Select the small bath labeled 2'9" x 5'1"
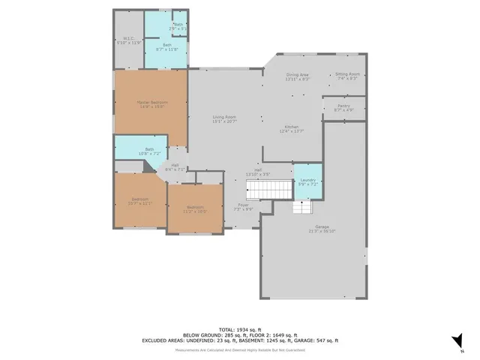(178, 27)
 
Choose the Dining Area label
(298, 76)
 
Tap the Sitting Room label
(347, 75)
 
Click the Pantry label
(343, 108)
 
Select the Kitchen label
(291, 128)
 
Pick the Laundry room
(307, 181)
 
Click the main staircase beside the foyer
(269, 190)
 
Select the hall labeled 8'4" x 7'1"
(175, 167)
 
